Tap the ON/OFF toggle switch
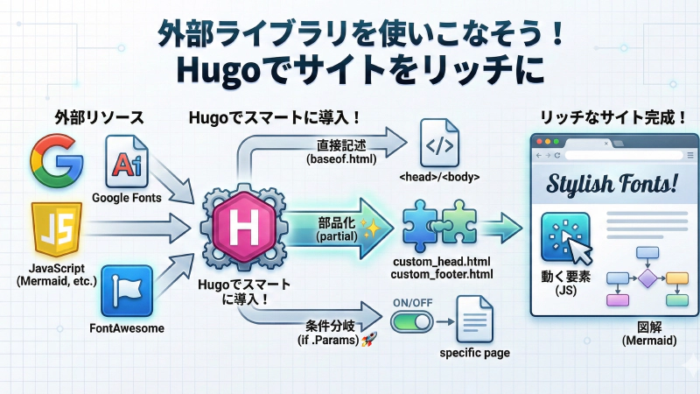tap(409, 322)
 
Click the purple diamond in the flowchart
tap(647, 279)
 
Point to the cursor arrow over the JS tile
tap(578, 250)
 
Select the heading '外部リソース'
tap(87, 118)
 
